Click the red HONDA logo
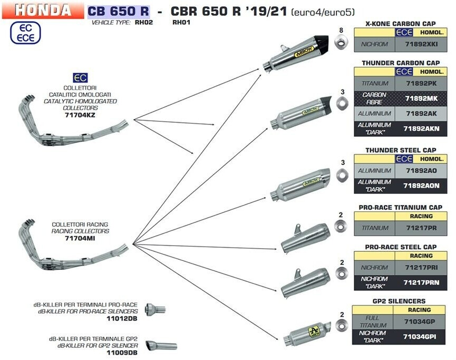(42, 10)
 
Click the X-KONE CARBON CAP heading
(401, 24)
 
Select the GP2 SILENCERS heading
(401, 301)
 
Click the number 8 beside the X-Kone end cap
(341, 30)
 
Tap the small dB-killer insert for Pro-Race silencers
(155, 309)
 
